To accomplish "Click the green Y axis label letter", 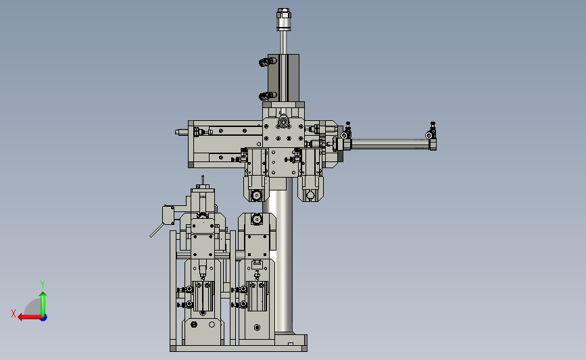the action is [43, 284].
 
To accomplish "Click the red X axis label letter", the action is [14, 313].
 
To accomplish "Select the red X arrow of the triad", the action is [30, 317].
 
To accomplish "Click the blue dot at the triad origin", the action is [44, 318].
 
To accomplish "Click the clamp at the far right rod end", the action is [432, 136].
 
